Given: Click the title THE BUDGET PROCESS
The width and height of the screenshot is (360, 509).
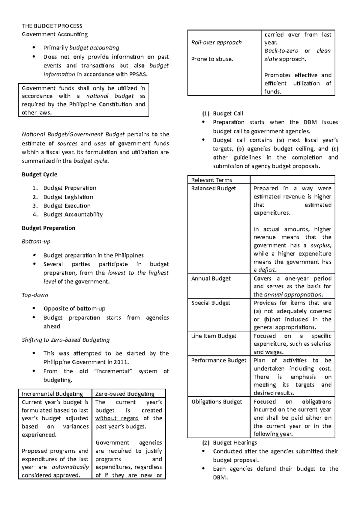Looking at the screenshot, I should pos(52,26).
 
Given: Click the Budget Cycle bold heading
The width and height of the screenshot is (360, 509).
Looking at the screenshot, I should pos(39,174).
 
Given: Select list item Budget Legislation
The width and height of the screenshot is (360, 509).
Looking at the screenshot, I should pos(68,197).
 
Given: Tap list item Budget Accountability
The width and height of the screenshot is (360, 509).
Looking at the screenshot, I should pos(73,214).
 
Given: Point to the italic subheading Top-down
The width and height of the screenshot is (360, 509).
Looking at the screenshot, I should pos(35,295).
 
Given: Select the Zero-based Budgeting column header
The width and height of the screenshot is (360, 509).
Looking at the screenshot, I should pos(125,394).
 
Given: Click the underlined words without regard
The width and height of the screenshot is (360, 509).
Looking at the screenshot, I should pos(117,418).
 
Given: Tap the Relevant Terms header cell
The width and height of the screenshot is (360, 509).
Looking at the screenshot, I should pos(211,180).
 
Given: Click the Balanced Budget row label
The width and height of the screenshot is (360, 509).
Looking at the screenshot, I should pos(213,188).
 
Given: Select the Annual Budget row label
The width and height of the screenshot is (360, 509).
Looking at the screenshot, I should pos(211,278).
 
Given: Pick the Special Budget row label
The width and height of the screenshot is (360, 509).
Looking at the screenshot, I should pos(211,303).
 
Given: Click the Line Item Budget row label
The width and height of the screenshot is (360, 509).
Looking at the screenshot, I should pos(214,336).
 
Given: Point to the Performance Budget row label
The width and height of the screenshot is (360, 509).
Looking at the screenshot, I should pos(219,360).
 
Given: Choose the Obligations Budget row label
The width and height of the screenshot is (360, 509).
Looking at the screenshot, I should pos(217,401).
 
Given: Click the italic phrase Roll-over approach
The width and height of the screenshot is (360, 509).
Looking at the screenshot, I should pos(216,43).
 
